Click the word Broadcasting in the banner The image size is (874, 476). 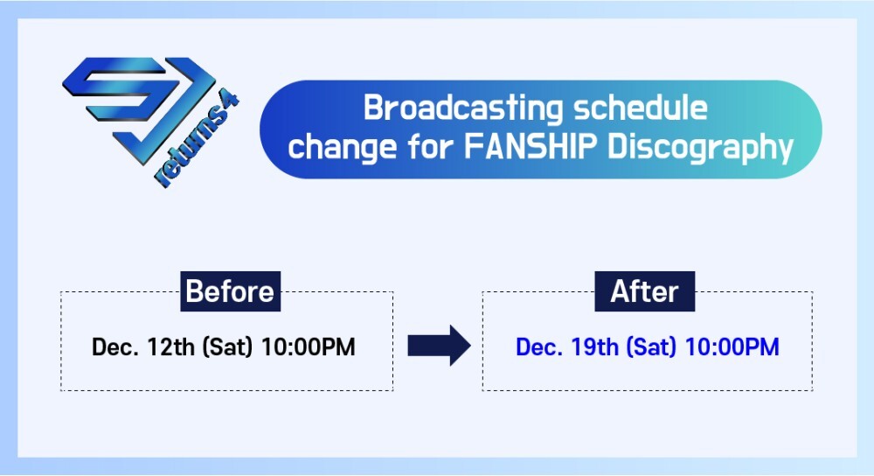tap(463, 108)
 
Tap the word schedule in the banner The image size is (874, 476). tap(641, 107)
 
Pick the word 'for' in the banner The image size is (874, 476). tap(430, 146)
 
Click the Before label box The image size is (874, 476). tap(230, 291)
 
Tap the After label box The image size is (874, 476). tap(644, 291)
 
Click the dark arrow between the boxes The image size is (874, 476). tap(440, 346)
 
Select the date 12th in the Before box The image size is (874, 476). tap(170, 346)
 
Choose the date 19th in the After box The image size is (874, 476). tap(594, 346)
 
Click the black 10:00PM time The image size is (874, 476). tap(308, 346)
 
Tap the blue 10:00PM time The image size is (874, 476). tap(732, 346)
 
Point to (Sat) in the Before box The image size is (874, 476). tap(227, 346)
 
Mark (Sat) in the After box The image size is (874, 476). tap(651, 346)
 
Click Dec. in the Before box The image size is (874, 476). tap(114, 346)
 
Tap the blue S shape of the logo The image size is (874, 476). tap(120, 89)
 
